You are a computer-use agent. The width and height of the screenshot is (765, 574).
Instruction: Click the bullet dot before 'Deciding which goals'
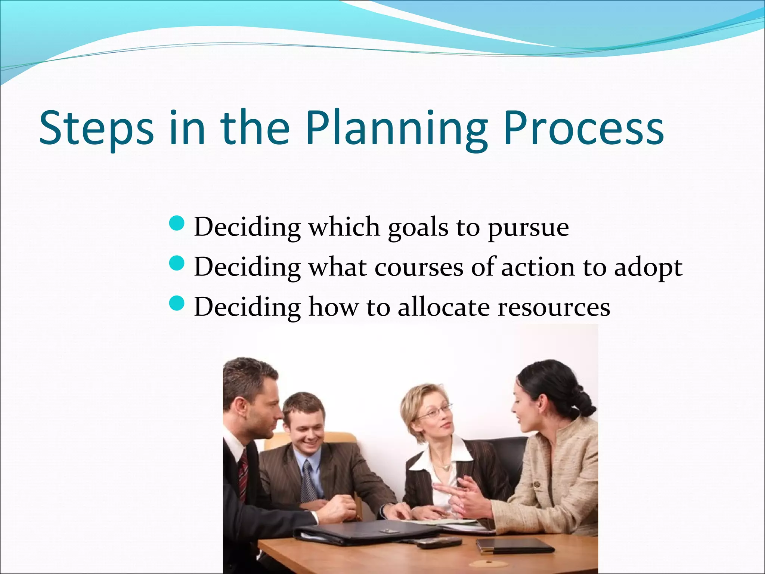177,224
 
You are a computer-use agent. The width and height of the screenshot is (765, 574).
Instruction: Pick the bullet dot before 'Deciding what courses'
177,264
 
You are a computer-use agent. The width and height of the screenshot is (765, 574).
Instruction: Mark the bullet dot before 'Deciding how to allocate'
177,304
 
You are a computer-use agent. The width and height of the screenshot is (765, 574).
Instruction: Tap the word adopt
648,268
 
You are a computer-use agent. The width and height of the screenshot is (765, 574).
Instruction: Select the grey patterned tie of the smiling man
309,482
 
